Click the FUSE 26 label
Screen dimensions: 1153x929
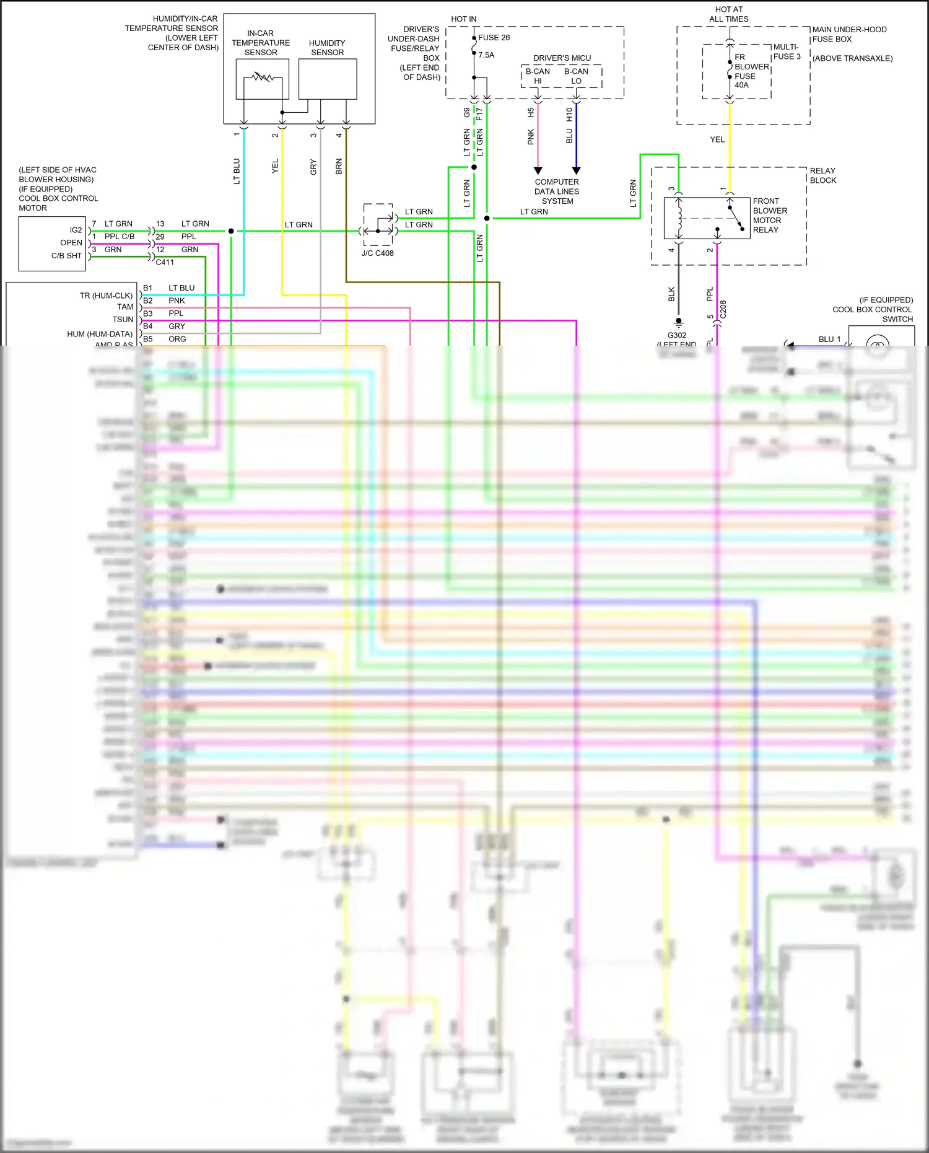494,38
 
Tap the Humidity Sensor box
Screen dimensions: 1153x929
328,79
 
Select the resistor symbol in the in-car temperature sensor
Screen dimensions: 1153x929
262,77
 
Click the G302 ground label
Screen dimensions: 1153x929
677,335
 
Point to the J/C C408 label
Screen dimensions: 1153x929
377,253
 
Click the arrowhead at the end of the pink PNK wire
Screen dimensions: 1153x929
538,170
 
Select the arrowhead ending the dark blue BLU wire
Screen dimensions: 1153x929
576,170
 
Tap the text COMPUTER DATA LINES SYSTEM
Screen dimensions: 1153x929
557,191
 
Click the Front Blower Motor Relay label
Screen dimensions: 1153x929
770,216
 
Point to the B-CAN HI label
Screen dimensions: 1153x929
538,76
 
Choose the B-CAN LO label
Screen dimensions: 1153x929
576,76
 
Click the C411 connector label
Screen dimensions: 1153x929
165,262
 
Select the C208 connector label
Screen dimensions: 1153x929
723,310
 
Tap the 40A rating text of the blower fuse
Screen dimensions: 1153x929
741,85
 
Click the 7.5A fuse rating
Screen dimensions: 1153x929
486,55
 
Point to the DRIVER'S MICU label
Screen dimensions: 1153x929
562,58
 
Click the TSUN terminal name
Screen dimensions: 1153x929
123,320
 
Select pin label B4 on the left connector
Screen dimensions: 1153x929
147,326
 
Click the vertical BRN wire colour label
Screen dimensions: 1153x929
339,166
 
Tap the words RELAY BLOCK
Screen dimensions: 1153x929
822,175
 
